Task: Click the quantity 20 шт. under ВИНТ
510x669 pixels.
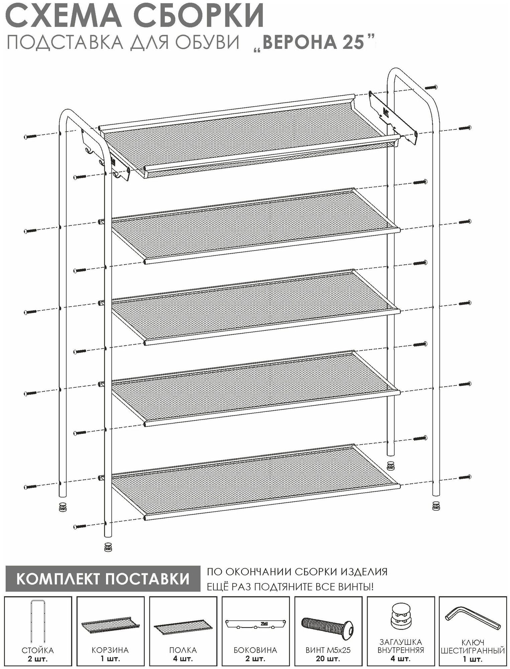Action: pos(328,659)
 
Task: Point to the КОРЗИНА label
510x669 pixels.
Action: pos(110,650)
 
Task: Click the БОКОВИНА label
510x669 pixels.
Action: pos(255,650)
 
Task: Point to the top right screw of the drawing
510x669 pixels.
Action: pos(431,87)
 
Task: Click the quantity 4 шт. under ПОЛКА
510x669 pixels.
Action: pos(183,659)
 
